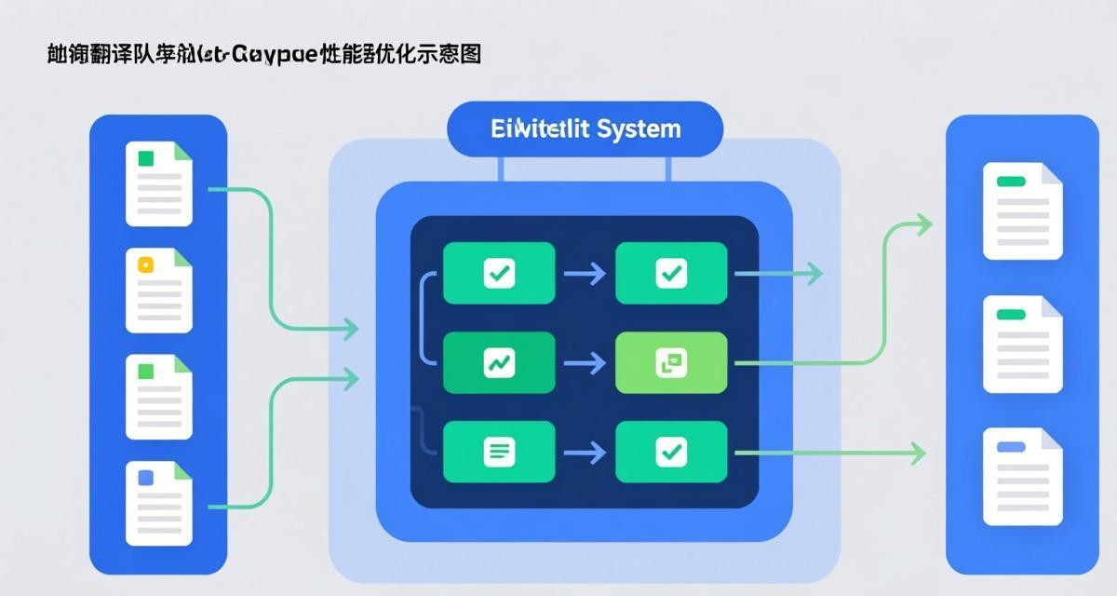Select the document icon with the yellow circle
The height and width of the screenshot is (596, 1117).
click(x=158, y=290)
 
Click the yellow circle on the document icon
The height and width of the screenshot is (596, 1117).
click(x=144, y=264)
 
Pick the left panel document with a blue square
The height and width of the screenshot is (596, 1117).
click(x=158, y=503)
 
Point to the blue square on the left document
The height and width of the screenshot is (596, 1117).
click(x=145, y=478)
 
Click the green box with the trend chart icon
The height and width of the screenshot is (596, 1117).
click(x=499, y=362)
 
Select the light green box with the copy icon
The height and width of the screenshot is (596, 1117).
click(x=671, y=362)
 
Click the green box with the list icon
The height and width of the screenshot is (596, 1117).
click(x=499, y=452)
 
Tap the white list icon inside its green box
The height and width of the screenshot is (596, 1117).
click(x=499, y=452)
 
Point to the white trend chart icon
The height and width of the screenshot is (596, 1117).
click(x=499, y=362)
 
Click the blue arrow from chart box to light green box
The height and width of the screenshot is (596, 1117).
click(x=585, y=362)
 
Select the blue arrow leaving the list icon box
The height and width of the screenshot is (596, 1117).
click(x=585, y=452)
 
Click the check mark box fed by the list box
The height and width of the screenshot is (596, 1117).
click(x=671, y=452)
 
